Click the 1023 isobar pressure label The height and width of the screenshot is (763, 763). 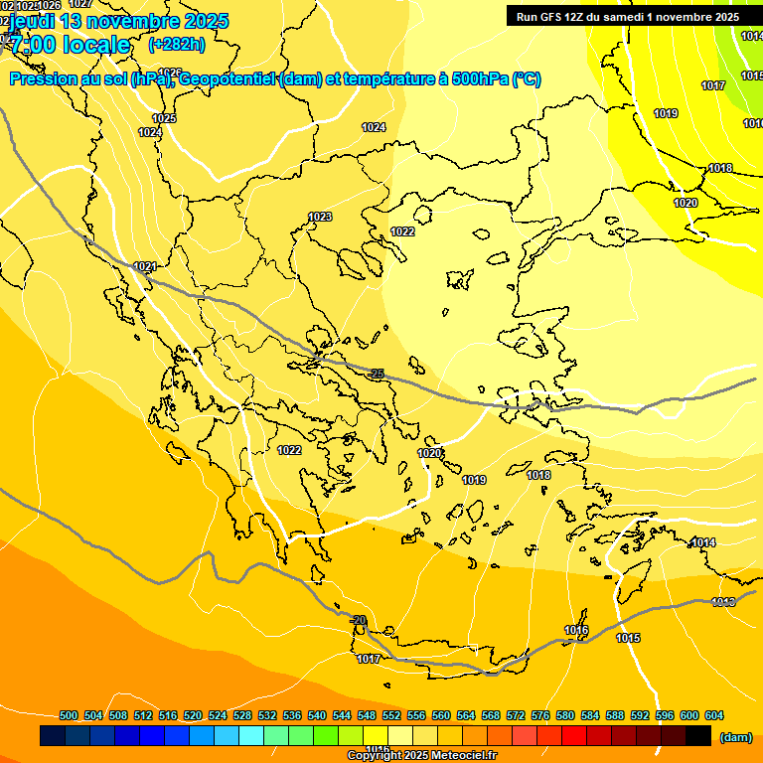pos(320,217)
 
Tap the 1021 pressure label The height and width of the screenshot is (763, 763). pos(145,266)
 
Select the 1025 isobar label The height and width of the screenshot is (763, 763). pos(164,118)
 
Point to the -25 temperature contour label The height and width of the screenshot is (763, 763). pos(377,374)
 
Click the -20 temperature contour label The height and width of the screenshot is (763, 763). pos(359,620)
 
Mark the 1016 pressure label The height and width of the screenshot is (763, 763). pos(576,631)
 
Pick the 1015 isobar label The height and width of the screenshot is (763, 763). pos(628,638)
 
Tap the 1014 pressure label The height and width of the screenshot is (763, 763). pos(704,542)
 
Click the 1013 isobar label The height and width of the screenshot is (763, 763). pos(723,602)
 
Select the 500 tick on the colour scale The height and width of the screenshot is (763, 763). pos(69,715)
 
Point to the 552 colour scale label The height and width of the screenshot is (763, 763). pos(391,715)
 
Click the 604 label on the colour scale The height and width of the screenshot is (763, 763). pos(714,715)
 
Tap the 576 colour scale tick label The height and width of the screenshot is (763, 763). pos(540,715)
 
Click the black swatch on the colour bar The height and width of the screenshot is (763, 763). pos(698,735)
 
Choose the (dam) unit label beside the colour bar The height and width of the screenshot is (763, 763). pos(735,737)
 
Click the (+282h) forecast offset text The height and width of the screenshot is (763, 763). pos(176,44)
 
